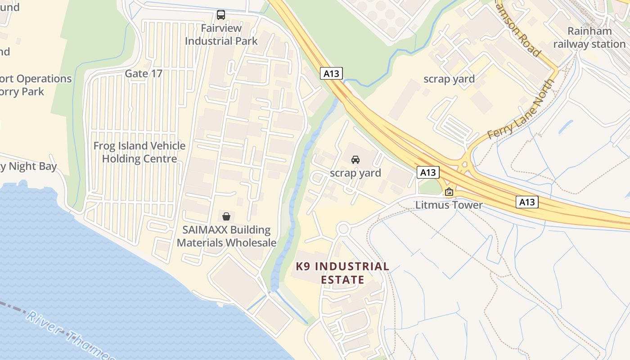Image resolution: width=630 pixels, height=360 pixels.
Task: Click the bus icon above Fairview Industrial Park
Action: tap(221, 15)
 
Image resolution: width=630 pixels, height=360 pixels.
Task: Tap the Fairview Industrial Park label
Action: tap(221, 35)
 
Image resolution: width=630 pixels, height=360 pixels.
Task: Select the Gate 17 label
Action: tap(144, 73)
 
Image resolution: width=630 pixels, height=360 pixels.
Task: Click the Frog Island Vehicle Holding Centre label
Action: tap(139, 152)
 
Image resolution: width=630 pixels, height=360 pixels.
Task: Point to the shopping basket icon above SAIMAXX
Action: tap(226, 216)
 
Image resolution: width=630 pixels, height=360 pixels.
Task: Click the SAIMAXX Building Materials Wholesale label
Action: tap(226, 236)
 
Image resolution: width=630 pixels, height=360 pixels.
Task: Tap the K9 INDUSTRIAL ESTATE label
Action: tap(342, 273)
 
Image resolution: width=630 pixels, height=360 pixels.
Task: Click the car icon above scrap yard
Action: tap(355, 160)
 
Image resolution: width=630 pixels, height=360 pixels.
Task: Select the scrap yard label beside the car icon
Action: tap(355, 173)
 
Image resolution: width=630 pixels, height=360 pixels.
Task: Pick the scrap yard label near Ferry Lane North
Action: tap(449, 79)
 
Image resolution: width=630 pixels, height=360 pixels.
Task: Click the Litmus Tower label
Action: tap(449, 205)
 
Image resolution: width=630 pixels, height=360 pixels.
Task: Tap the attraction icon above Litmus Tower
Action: tap(449, 192)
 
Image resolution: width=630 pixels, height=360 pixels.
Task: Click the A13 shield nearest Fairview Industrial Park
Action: tap(332, 73)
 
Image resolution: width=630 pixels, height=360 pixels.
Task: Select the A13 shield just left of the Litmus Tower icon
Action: tap(427, 172)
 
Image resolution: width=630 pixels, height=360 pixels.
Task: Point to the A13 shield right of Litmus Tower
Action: tap(526, 202)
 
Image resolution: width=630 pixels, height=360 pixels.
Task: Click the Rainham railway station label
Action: tap(589, 37)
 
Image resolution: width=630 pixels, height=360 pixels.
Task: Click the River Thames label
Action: tap(67, 335)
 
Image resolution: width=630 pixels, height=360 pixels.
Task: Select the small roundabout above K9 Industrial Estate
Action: tap(343, 229)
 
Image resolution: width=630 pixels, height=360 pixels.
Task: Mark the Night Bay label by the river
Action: tap(29, 166)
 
